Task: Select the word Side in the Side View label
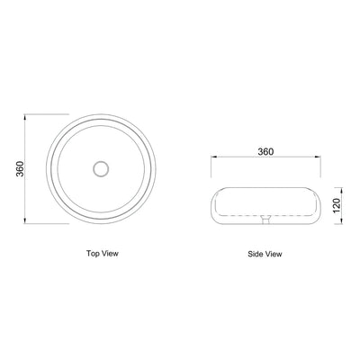point(255,254)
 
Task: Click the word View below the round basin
point(110,254)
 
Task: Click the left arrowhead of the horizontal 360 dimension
point(212,158)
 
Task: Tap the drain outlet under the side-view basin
point(265,218)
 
